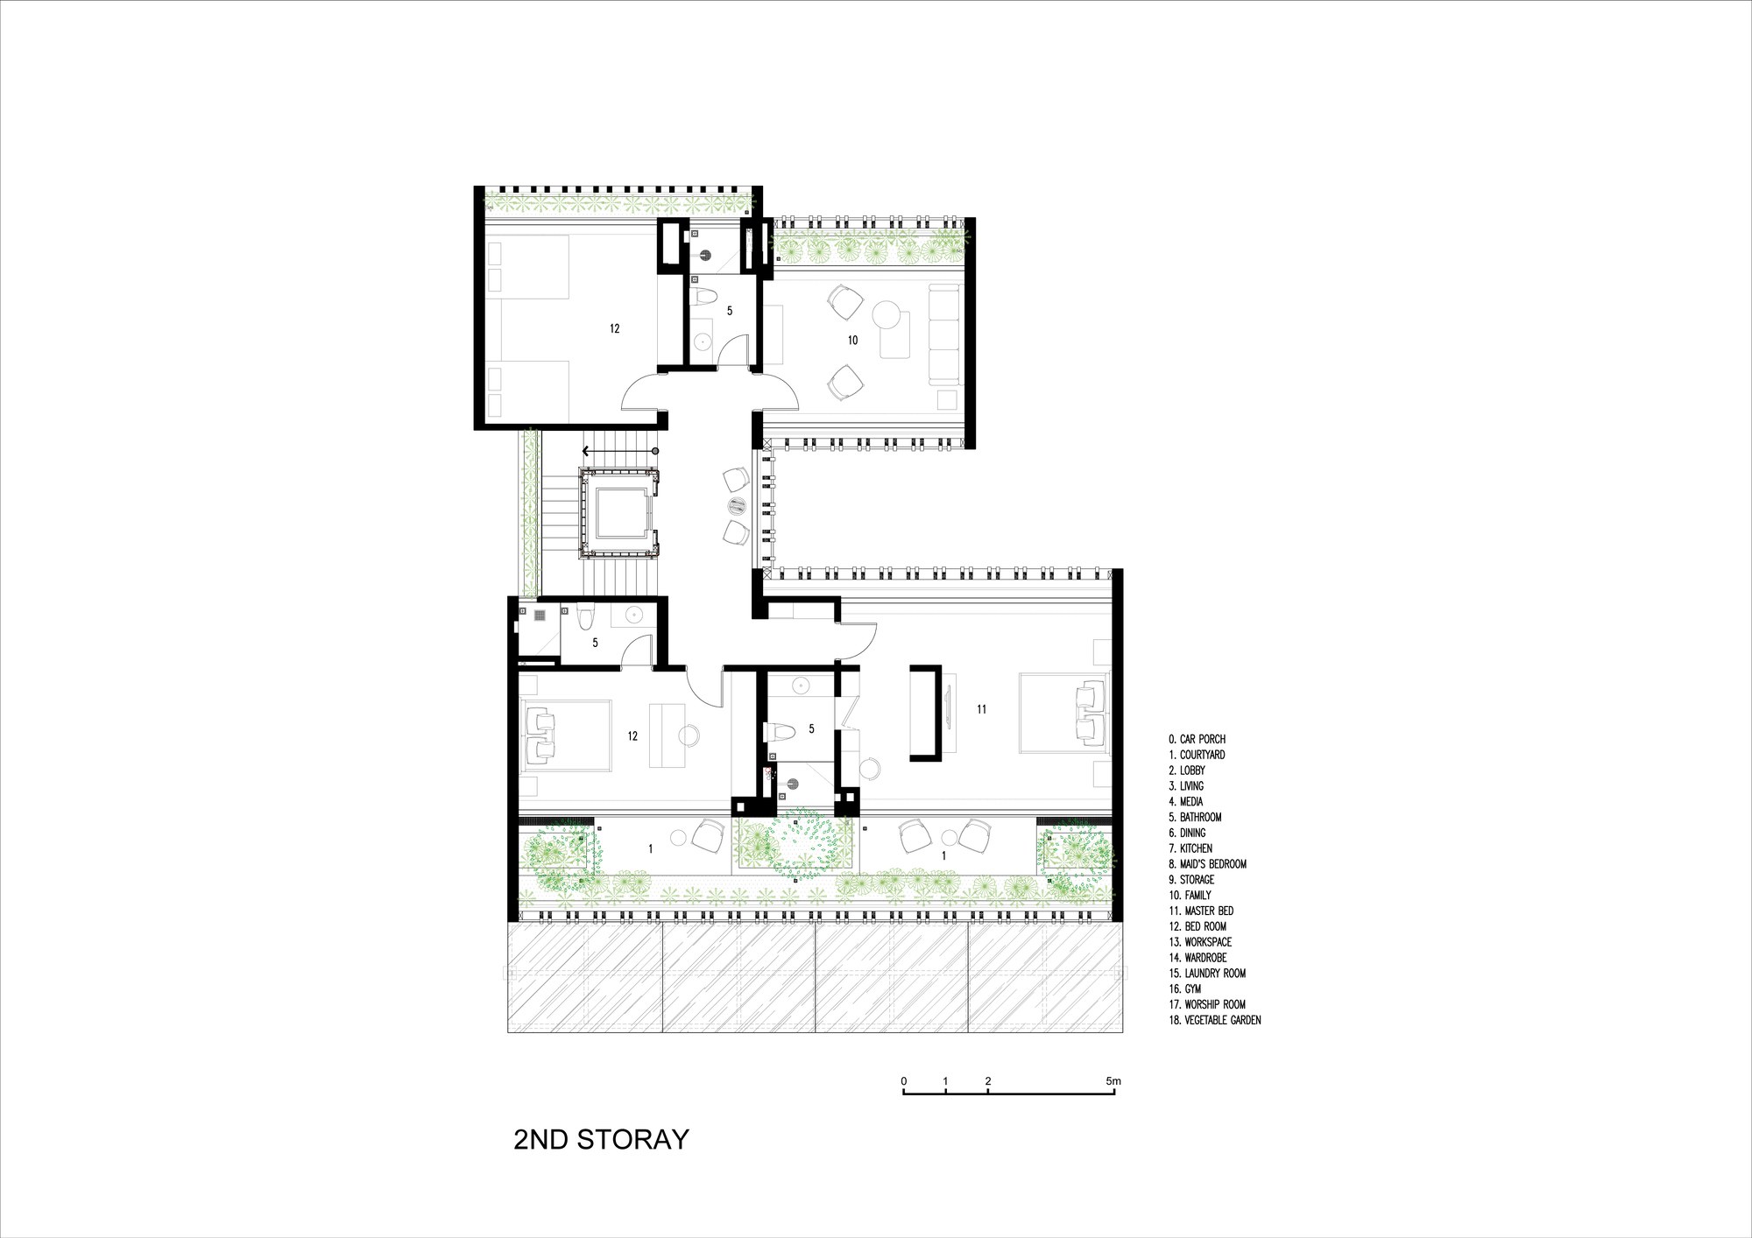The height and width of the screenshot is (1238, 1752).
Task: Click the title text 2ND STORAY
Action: click(601, 1139)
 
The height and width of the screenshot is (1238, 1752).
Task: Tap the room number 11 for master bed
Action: click(981, 709)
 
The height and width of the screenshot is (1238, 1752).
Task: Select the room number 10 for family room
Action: click(852, 340)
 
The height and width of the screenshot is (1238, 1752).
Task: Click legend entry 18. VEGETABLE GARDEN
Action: click(1215, 1020)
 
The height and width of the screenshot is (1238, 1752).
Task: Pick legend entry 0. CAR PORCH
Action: click(1197, 739)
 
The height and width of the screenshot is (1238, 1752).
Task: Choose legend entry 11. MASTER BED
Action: click(1201, 911)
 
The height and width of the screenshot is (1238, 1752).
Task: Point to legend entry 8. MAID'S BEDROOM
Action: click(1207, 864)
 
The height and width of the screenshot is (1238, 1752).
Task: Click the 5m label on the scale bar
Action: click(1113, 1081)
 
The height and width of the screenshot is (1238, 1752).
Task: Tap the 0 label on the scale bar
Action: click(904, 1081)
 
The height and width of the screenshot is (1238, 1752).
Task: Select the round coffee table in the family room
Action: click(887, 314)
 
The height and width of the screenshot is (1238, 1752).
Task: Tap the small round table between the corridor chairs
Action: click(736, 505)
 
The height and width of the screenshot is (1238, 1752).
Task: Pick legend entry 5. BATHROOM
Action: click(1195, 817)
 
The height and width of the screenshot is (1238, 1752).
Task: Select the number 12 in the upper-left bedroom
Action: click(614, 328)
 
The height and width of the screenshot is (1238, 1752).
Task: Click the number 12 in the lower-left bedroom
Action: click(632, 736)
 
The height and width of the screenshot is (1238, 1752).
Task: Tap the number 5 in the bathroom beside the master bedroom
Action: click(811, 728)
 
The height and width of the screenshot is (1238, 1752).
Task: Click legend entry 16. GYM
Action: click(1185, 988)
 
